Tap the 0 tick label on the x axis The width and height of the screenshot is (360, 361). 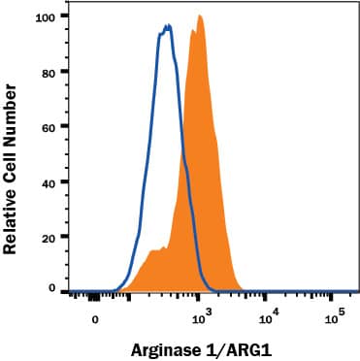95,317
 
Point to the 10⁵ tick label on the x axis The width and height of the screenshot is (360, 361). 335,316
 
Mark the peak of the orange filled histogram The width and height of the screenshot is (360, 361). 199,16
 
